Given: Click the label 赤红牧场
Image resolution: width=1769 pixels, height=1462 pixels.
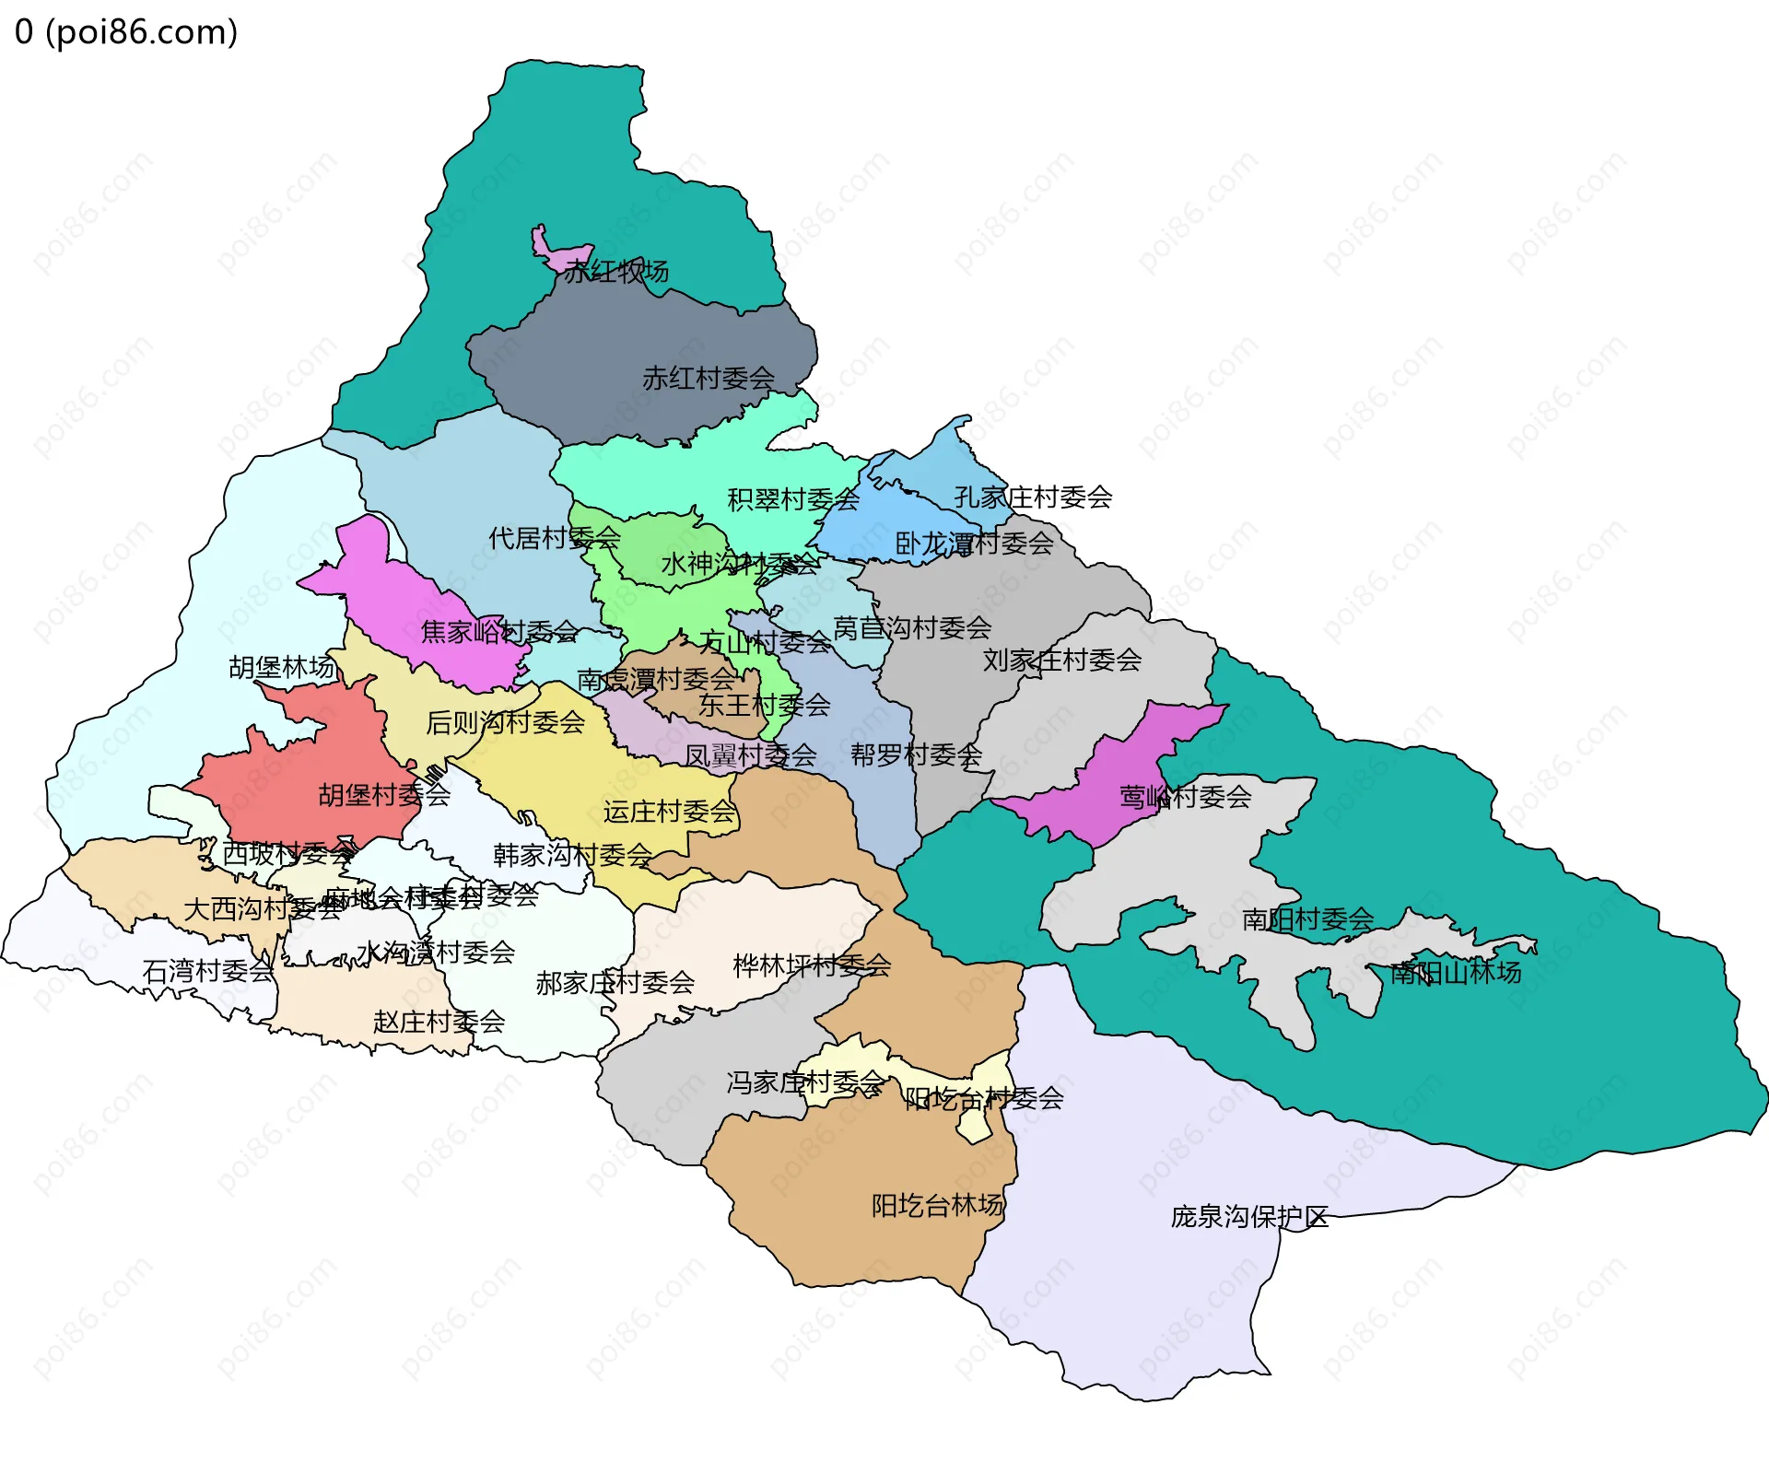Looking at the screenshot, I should (616, 272).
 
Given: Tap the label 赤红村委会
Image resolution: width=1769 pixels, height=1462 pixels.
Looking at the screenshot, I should (709, 378).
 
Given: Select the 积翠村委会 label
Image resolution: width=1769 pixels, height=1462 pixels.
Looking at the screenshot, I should (793, 499).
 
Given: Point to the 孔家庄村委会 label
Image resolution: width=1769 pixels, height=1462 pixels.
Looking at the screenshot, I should (1033, 497).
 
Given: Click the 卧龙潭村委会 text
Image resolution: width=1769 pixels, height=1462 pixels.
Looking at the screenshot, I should (974, 544).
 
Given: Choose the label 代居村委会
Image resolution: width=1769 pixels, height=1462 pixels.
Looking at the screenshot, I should (554, 538).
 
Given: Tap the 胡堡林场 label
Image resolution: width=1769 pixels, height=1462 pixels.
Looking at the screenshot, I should (282, 667).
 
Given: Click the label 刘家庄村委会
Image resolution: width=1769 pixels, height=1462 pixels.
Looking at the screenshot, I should (1061, 660).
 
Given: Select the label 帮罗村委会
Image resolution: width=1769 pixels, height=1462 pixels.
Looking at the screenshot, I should (916, 755).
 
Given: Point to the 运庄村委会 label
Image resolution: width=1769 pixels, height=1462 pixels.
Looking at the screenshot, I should (669, 812).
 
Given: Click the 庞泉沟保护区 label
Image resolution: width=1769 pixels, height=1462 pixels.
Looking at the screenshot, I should (1249, 1217).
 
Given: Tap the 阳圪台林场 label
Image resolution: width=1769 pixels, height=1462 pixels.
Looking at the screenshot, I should (937, 1205).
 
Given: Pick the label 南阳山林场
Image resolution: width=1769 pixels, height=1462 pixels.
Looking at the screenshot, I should (1456, 972).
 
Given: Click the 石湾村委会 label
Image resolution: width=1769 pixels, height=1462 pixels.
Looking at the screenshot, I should (208, 970).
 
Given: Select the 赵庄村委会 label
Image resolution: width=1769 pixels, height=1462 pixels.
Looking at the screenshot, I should (439, 1022).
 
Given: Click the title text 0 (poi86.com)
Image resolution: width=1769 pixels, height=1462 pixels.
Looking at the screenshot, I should (126, 32).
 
